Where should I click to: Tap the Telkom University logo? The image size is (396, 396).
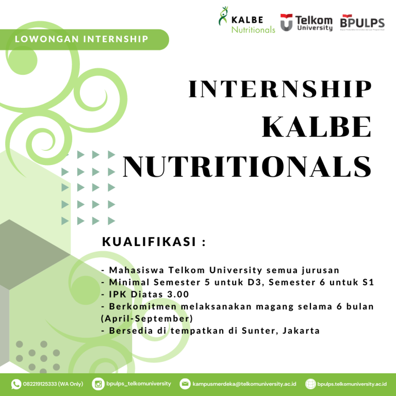click(x=306, y=22)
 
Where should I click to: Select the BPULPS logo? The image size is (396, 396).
click(x=362, y=22)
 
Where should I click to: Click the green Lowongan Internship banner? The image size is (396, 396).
click(x=82, y=39)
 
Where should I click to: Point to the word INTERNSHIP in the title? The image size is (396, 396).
click(x=280, y=89)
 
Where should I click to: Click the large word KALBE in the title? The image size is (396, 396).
click(x=317, y=127)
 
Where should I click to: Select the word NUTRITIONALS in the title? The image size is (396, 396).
click(x=247, y=166)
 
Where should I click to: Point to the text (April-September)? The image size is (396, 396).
click(x=147, y=318)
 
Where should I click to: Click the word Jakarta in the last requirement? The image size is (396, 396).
click(x=301, y=331)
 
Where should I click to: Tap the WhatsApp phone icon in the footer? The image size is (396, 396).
click(x=16, y=384)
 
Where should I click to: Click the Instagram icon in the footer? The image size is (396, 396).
click(x=98, y=384)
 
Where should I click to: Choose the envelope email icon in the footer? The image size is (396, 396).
click(x=185, y=384)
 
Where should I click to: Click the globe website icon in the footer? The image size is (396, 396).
click(x=310, y=384)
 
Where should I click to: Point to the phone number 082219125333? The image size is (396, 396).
click(x=40, y=384)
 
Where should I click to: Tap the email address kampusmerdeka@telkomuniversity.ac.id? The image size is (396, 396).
click(x=244, y=384)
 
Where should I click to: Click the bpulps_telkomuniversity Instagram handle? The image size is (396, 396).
click(x=139, y=384)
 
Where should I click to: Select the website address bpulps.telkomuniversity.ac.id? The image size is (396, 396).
click(x=352, y=384)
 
